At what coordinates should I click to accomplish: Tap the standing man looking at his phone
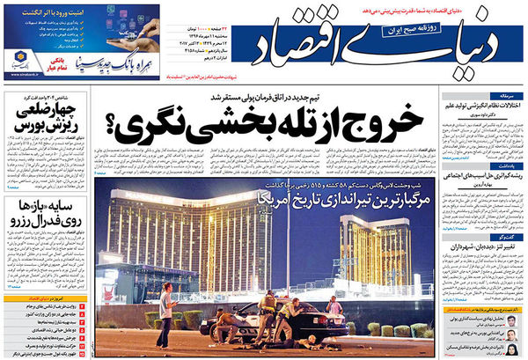(x=165, y=313)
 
